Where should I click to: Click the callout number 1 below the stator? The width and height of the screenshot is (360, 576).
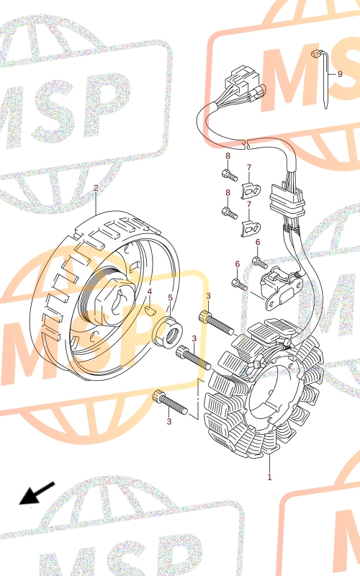269,477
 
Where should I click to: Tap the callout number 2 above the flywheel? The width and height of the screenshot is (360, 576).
96,188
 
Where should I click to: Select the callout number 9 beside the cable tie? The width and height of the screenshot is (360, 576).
340,74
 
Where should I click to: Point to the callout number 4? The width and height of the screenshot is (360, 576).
150,292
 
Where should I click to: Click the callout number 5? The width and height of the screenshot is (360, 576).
170,297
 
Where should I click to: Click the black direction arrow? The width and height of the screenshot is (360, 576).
37,493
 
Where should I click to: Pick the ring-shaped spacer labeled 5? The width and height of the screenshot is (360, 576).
167,331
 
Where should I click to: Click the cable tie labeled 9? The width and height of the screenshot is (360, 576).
324,79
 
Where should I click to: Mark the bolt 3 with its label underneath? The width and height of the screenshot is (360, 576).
170,402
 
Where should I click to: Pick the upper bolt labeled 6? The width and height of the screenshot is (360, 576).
260,263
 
